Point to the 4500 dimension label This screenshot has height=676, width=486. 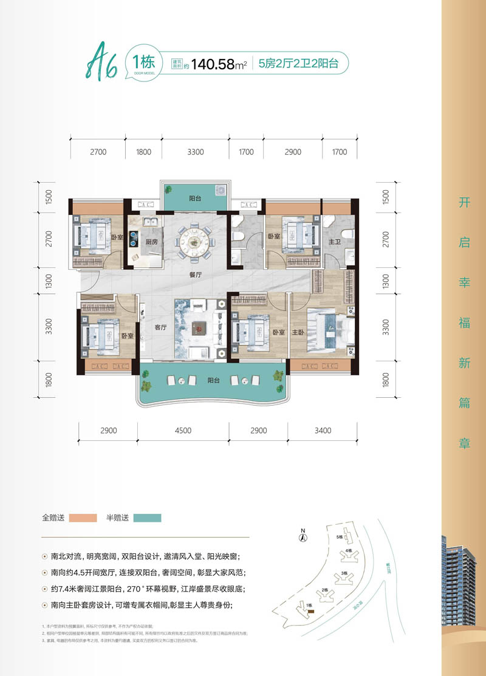pos(183,431)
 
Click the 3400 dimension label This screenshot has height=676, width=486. pos(323,431)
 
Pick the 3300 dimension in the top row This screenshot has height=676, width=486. pos(195,152)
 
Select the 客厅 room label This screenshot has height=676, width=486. pos(160,327)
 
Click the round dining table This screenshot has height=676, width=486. pos(195,239)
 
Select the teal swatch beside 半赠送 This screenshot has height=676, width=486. pos(146,518)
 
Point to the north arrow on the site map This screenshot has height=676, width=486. pos(302,535)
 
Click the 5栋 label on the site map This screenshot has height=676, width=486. pos(340,537)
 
